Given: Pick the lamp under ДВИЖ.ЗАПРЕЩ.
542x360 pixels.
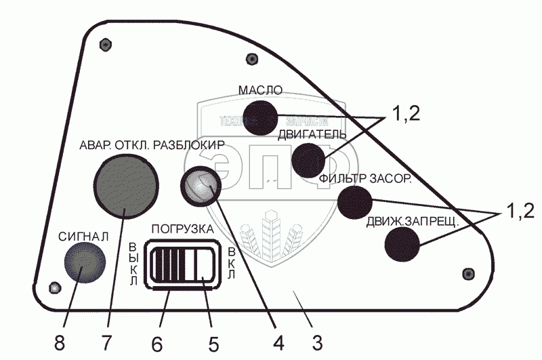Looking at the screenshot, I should pos(402,244).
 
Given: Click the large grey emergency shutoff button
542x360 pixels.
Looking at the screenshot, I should pos(127,184).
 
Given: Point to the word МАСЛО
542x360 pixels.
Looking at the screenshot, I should pos(259,90).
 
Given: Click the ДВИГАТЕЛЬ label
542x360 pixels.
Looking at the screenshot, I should pos(312,134).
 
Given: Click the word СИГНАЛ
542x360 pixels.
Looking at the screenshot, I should pos(83,237).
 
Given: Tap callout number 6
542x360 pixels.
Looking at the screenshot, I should pos(157,343).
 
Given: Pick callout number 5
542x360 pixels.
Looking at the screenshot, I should pos(213,343).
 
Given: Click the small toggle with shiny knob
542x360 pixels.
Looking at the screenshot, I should pos(200,185).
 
